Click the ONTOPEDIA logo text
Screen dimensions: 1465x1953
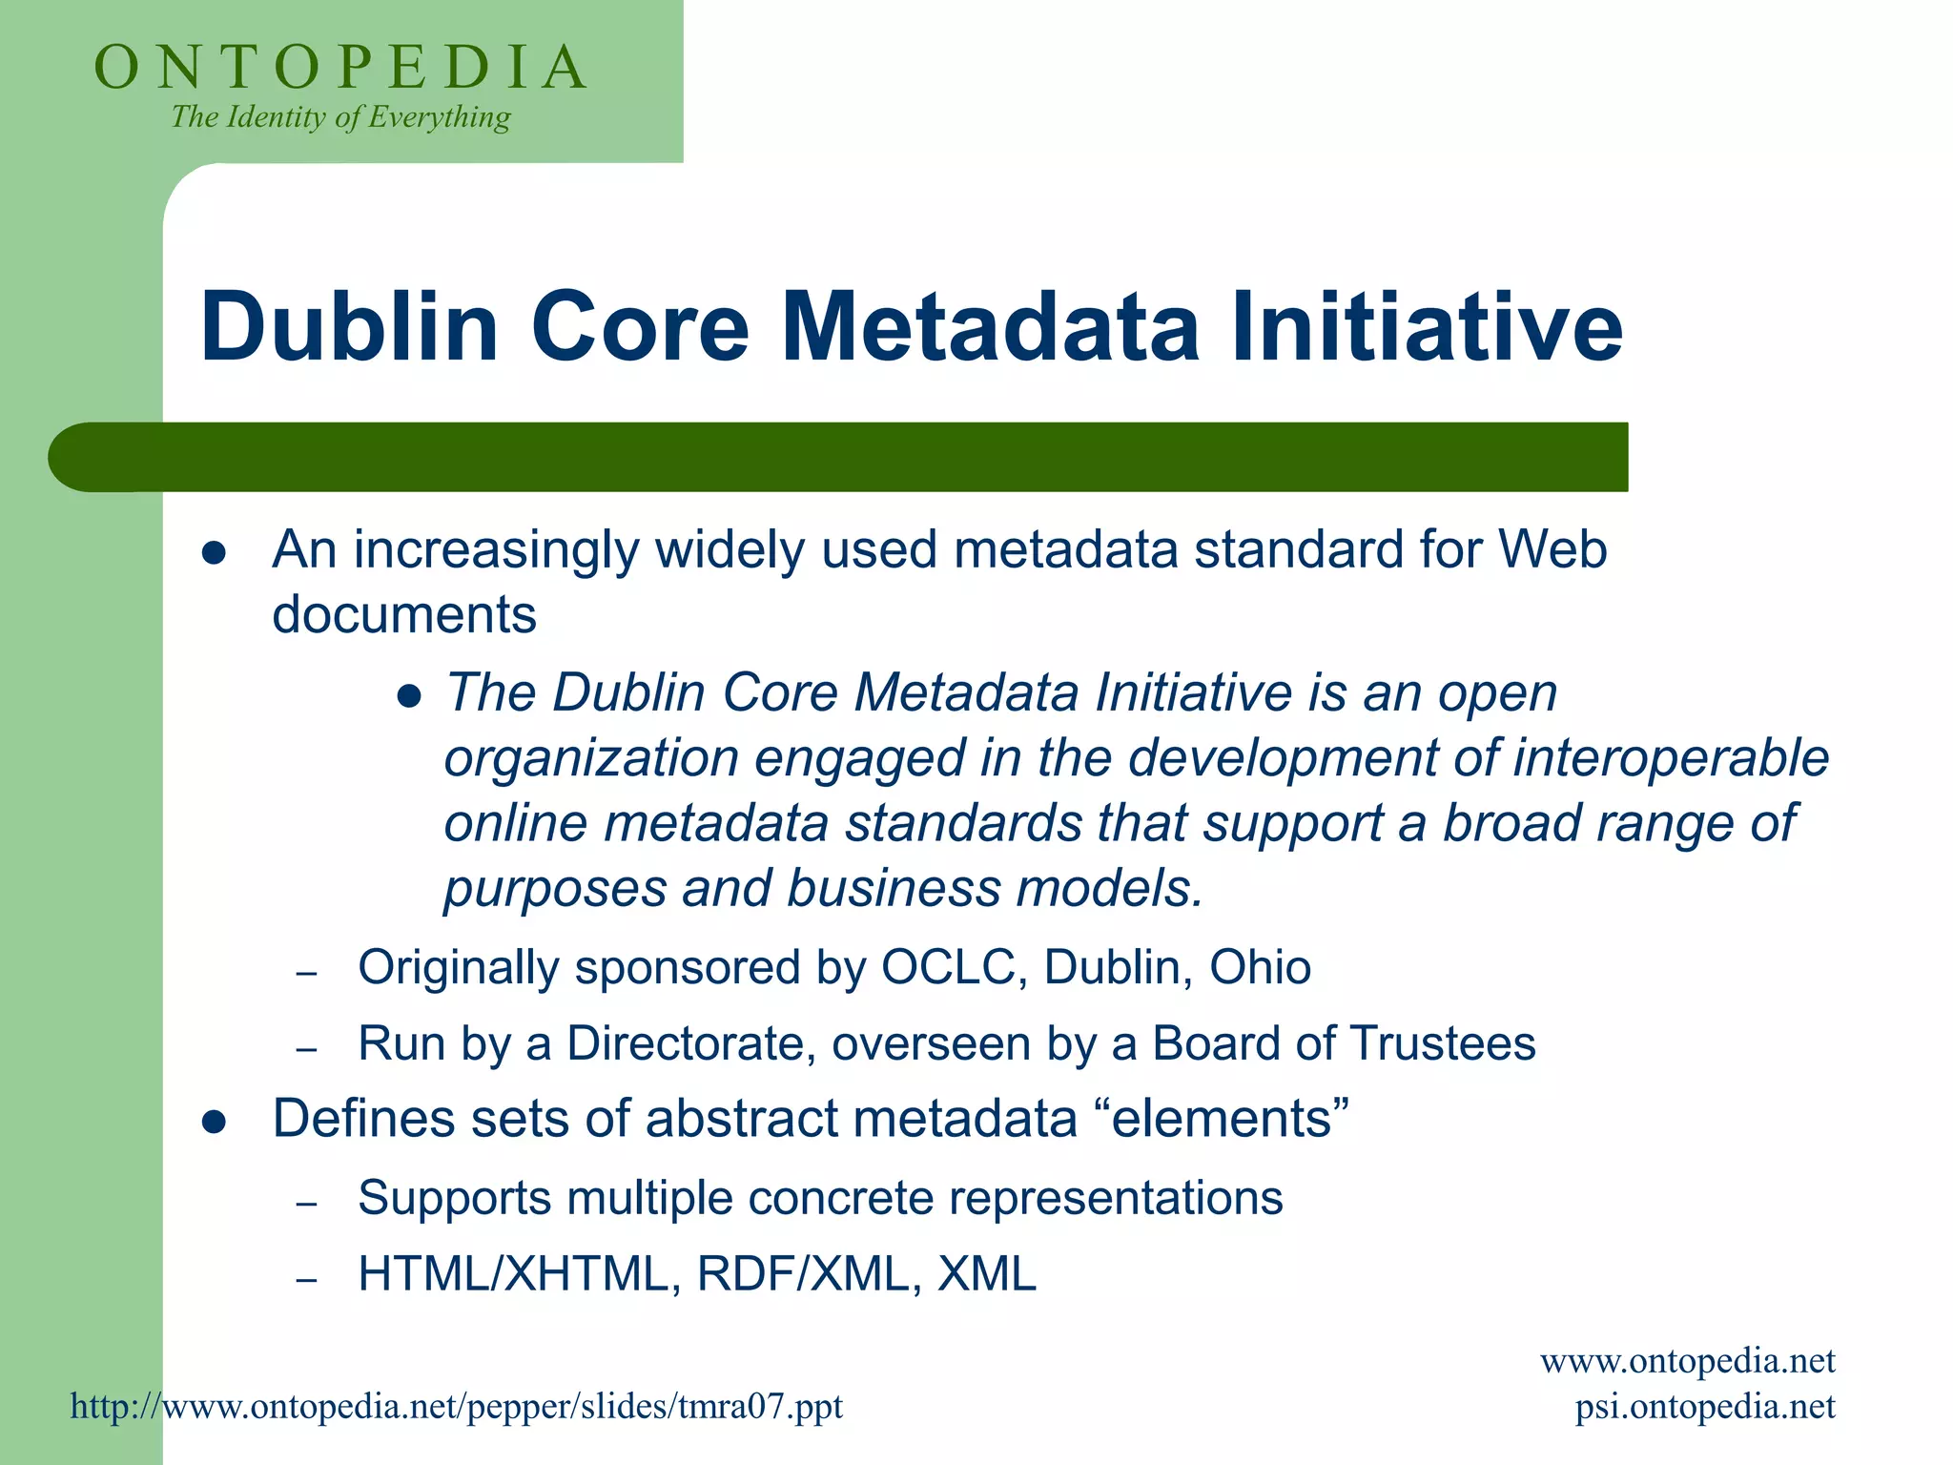(340, 68)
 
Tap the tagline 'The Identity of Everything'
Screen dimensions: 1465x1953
(340, 117)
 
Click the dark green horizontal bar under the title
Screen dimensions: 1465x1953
(839, 457)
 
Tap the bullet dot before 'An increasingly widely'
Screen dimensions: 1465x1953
(214, 554)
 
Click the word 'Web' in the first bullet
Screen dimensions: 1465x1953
(1552, 550)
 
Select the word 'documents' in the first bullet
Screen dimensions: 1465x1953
(404, 615)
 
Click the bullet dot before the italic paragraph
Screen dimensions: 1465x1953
(409, 697)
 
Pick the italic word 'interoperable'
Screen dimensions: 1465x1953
(1671, 758)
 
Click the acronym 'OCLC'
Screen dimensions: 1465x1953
(953, 968)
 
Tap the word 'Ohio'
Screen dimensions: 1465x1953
(1260, 968)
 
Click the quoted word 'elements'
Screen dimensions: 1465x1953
(1230, 1119)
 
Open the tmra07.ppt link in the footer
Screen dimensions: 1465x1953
(457, 1407)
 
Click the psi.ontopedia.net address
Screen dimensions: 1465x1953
(1704, 1407)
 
